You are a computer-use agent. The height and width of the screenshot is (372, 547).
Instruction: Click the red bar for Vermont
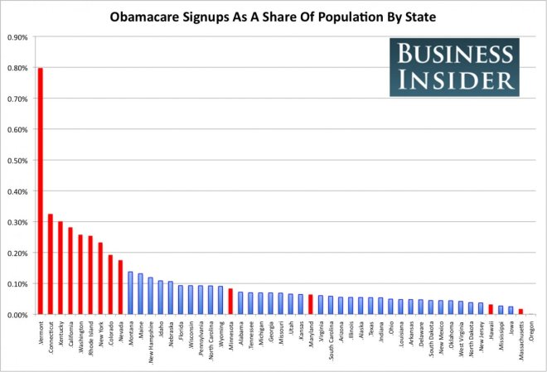click(41, 191)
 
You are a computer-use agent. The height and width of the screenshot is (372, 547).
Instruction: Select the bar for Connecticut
click(51, 264)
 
